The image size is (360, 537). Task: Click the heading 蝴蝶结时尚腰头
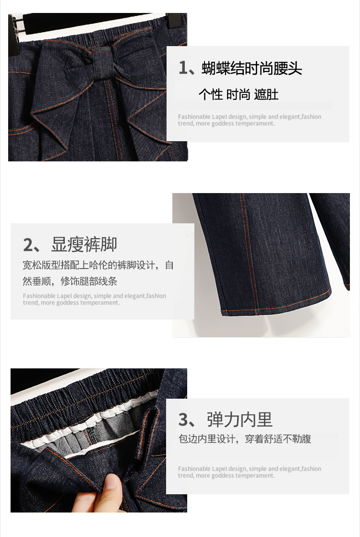tap(252, 68)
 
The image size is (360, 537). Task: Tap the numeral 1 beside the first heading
tap(183, 68)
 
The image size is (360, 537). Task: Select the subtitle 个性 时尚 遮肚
tap(239, 95)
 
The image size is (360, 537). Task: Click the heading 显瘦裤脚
tap(84, 244)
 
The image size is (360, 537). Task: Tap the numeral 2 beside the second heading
tap(28, 245)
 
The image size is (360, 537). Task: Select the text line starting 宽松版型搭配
tap(98, 265)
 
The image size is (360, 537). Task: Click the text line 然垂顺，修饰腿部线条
tap(70, 281)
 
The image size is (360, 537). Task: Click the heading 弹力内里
tap(240, 419)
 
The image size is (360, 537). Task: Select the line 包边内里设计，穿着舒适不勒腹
tap(245, 439)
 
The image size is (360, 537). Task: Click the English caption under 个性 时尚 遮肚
tap(250, 120)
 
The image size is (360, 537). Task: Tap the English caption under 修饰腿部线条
tap(95, 299)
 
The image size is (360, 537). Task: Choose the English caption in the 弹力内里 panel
tap(250, 472)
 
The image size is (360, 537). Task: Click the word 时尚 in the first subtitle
tap(238, 95)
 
